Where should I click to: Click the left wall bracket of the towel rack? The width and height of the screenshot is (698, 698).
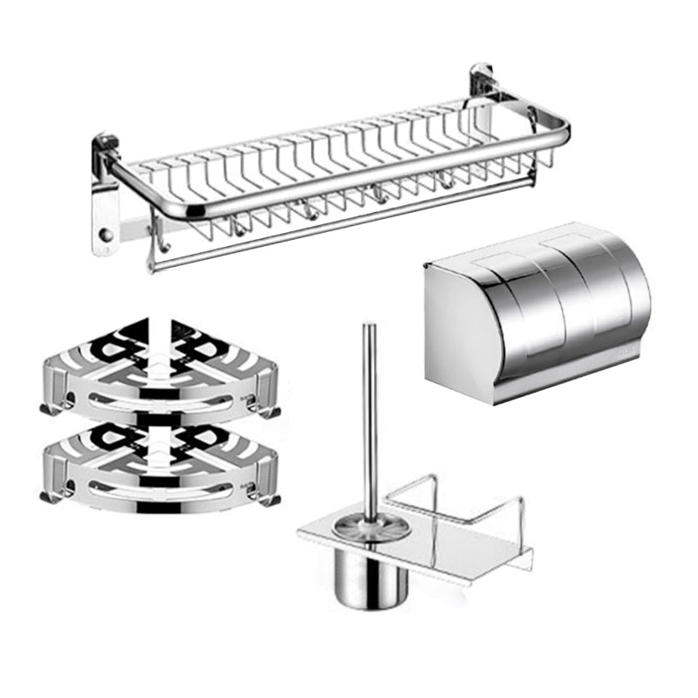(106, 201)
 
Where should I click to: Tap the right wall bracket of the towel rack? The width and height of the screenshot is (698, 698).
(482, 87)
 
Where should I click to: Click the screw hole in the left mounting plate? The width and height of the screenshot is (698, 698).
(105, 236)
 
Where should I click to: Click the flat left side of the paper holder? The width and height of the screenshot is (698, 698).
(445, 332)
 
